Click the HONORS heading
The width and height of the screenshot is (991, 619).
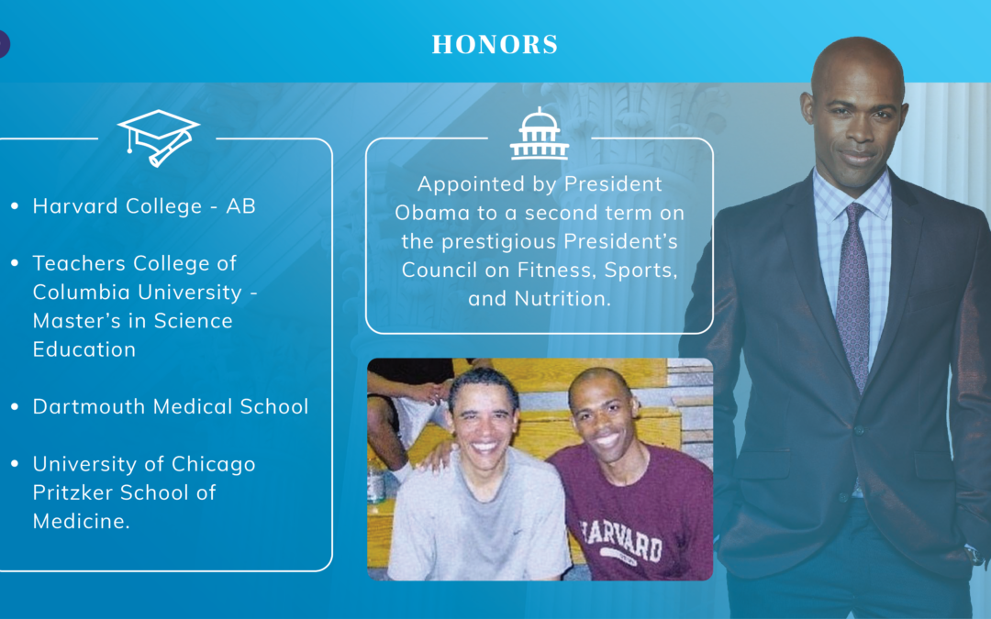(x=495, y=44)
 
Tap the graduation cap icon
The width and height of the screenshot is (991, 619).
(x=158, y=138)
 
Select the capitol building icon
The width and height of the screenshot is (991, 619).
(x=540, y=133)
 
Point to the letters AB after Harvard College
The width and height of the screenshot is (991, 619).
(x=240, y=206)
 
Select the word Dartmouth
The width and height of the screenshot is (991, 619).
(x=88, y=406)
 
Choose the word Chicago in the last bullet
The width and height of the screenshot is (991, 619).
(x=214, y=465)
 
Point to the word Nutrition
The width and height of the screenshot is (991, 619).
(x=562, y=298)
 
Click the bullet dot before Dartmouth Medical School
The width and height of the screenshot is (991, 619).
(x=15, y=407)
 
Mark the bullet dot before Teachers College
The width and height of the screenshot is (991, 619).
(x=15, y=263)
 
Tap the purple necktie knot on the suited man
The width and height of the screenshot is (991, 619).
(x=855, y=212)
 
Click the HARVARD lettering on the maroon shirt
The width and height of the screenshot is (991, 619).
(x=621, y=539)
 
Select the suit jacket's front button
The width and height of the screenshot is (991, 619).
(x=859, y=430)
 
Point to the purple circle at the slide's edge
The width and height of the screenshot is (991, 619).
(x=3, y=44)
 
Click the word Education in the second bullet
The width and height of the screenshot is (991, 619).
(x=84, y=349)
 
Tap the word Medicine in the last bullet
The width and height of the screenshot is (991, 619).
(x=81, y=521)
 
